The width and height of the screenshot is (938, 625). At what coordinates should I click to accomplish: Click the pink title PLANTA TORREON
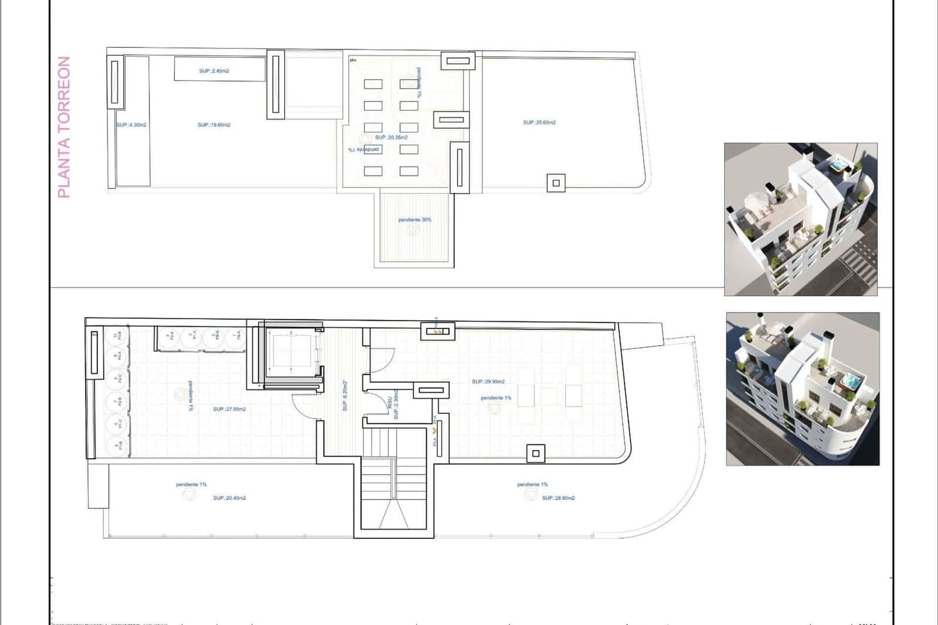[x=64, y=127]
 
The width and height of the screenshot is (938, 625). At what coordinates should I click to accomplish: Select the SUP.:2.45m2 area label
[x=214, y=71]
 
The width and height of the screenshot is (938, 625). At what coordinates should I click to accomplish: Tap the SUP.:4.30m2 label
[x=131, y=125]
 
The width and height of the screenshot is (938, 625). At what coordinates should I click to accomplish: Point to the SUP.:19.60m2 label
[x=214, y=125]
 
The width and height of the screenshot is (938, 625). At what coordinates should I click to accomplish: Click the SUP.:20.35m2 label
[x=391, y=137]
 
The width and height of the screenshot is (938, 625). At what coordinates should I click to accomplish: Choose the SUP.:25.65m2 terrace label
[x=539, y=123]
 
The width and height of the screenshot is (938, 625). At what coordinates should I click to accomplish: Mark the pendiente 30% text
[x=415, y=220]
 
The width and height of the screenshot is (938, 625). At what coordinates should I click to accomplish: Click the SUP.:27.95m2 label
[x=230, y=409]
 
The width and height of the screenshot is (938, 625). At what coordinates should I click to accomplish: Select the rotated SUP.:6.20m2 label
[x=345, y=395]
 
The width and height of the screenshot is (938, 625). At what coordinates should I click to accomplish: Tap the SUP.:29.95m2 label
[x=488, y=382]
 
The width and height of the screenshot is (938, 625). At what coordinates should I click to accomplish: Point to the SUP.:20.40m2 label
[x=230, y=498]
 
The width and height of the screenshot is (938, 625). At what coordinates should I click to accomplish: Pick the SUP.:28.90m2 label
[x=558, y=498]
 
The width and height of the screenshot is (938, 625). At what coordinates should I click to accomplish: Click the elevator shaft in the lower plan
[x=292, y=354]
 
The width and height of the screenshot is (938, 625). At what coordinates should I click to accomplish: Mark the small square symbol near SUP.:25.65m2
[x=556, y=184]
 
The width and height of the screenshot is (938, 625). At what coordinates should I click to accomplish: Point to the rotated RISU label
[x=389, y=402]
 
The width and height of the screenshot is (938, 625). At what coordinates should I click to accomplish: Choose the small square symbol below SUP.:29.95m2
[x=535, y=453]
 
